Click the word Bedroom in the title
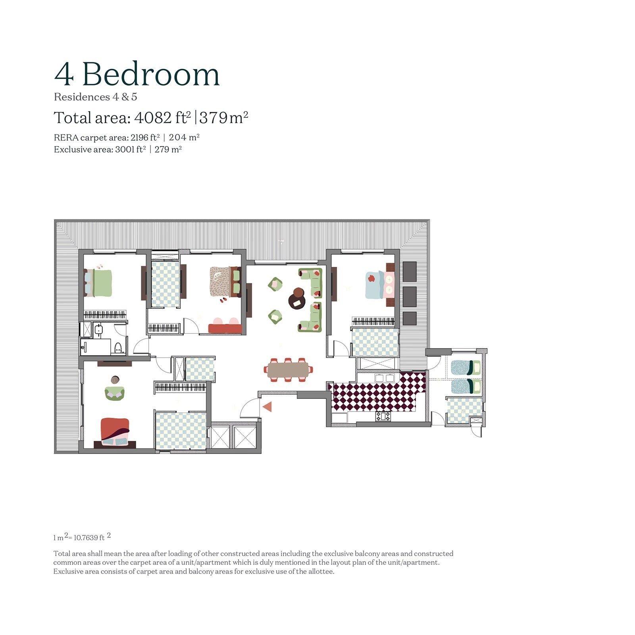pos(151,75)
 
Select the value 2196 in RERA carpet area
pos(139,138)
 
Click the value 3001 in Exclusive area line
pos(125,150)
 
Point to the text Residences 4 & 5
pos(95,97)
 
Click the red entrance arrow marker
pos(267,406)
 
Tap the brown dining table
pos(288,370)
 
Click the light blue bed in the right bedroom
pos(374,285)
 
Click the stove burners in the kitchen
pos(383,416)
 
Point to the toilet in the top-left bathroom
pos(118,348)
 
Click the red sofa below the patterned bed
pos(225,328)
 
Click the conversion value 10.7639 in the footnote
pos(86,538)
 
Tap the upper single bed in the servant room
pos(465,368)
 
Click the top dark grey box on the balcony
pos(410,271)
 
